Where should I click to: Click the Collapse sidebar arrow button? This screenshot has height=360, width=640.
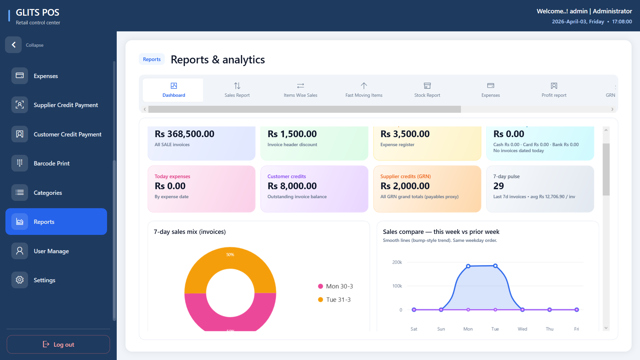[x=13, y=45]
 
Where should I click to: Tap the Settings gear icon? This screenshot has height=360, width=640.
[x=20, y=280]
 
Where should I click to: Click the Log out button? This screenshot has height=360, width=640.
[x=58, y=344]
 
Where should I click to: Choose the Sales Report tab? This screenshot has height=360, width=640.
[x=237, y=90]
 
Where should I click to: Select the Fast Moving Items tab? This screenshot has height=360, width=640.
[x=364, y=90]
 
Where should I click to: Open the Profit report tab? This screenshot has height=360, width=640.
[x=554, y=90]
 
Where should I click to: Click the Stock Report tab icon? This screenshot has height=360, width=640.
[x=427, y=86]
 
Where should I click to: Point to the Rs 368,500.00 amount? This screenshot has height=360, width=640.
[x=184, y=134]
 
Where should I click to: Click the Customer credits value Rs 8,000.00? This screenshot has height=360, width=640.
[x=292, y=186]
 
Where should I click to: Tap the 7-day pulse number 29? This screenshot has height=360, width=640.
[x=499, y=186]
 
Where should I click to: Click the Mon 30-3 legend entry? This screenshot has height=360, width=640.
[x=336, y=286]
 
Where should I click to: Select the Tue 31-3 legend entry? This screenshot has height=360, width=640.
[x=335, y=300]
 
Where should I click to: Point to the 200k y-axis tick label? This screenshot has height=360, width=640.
[x=397, y=262]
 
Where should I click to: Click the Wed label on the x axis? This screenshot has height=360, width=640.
[x=522, y=329]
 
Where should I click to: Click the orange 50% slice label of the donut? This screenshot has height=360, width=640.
[x=230, y=255]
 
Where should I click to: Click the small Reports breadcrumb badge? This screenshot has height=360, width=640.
[x=152, y=59]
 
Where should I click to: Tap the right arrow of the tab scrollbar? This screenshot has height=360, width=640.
[x=612, y=109]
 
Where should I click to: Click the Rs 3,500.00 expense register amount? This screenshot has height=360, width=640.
[x=405, y=134]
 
